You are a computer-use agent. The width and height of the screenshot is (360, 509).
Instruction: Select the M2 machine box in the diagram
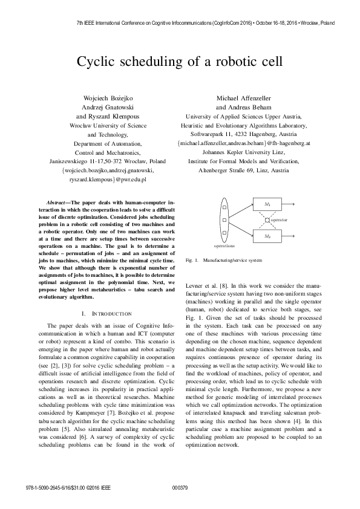tap(267, 235)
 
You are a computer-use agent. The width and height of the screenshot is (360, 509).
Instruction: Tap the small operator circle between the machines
tap(267, 220)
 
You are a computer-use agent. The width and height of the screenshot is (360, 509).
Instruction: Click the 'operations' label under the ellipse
tap(224, 247)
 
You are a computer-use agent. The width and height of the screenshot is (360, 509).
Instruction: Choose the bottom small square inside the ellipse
tap(224, 233)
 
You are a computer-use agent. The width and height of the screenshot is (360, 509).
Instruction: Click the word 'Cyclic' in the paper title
tap(97, 62)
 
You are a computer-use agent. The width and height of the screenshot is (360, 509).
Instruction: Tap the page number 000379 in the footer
tap(180, 487)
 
